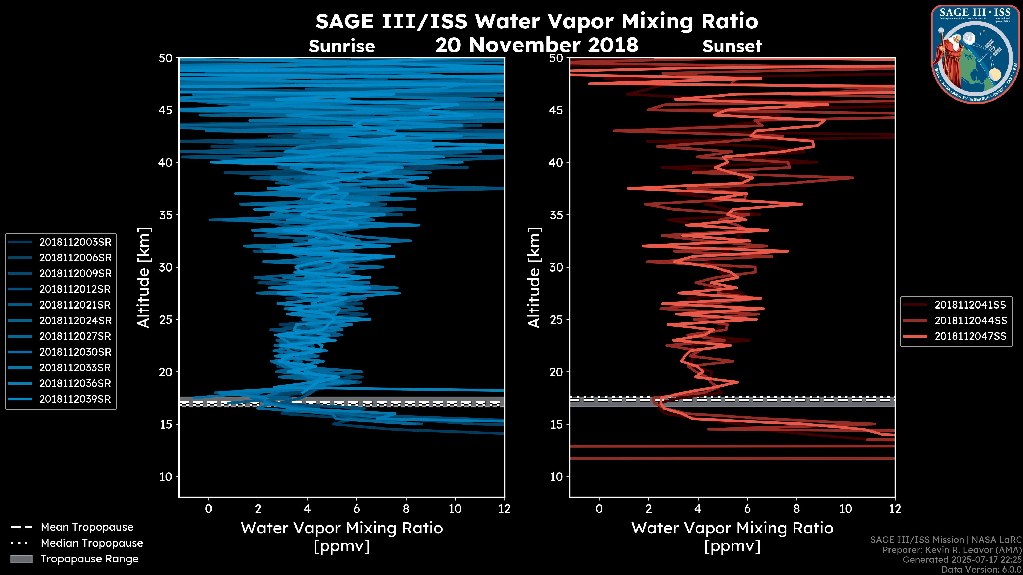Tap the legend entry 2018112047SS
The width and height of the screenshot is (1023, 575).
coord(970,336)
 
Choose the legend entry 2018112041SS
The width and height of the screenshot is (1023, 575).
coord(970,305)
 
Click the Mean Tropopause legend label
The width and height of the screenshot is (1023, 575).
coord(87,527)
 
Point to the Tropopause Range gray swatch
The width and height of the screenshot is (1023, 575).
coord(21,559)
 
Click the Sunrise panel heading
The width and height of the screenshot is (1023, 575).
coord(342,46)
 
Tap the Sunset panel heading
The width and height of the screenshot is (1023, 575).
coord(732,46)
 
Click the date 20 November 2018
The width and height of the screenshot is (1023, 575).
coord(537,45)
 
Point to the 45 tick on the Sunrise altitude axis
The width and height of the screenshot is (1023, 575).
coord(166,110)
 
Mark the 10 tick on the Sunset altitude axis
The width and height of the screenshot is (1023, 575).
coord(556,477)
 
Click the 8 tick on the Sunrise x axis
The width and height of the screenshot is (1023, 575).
coord(406,509)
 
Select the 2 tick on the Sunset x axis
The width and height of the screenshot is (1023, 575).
coord(648,509)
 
